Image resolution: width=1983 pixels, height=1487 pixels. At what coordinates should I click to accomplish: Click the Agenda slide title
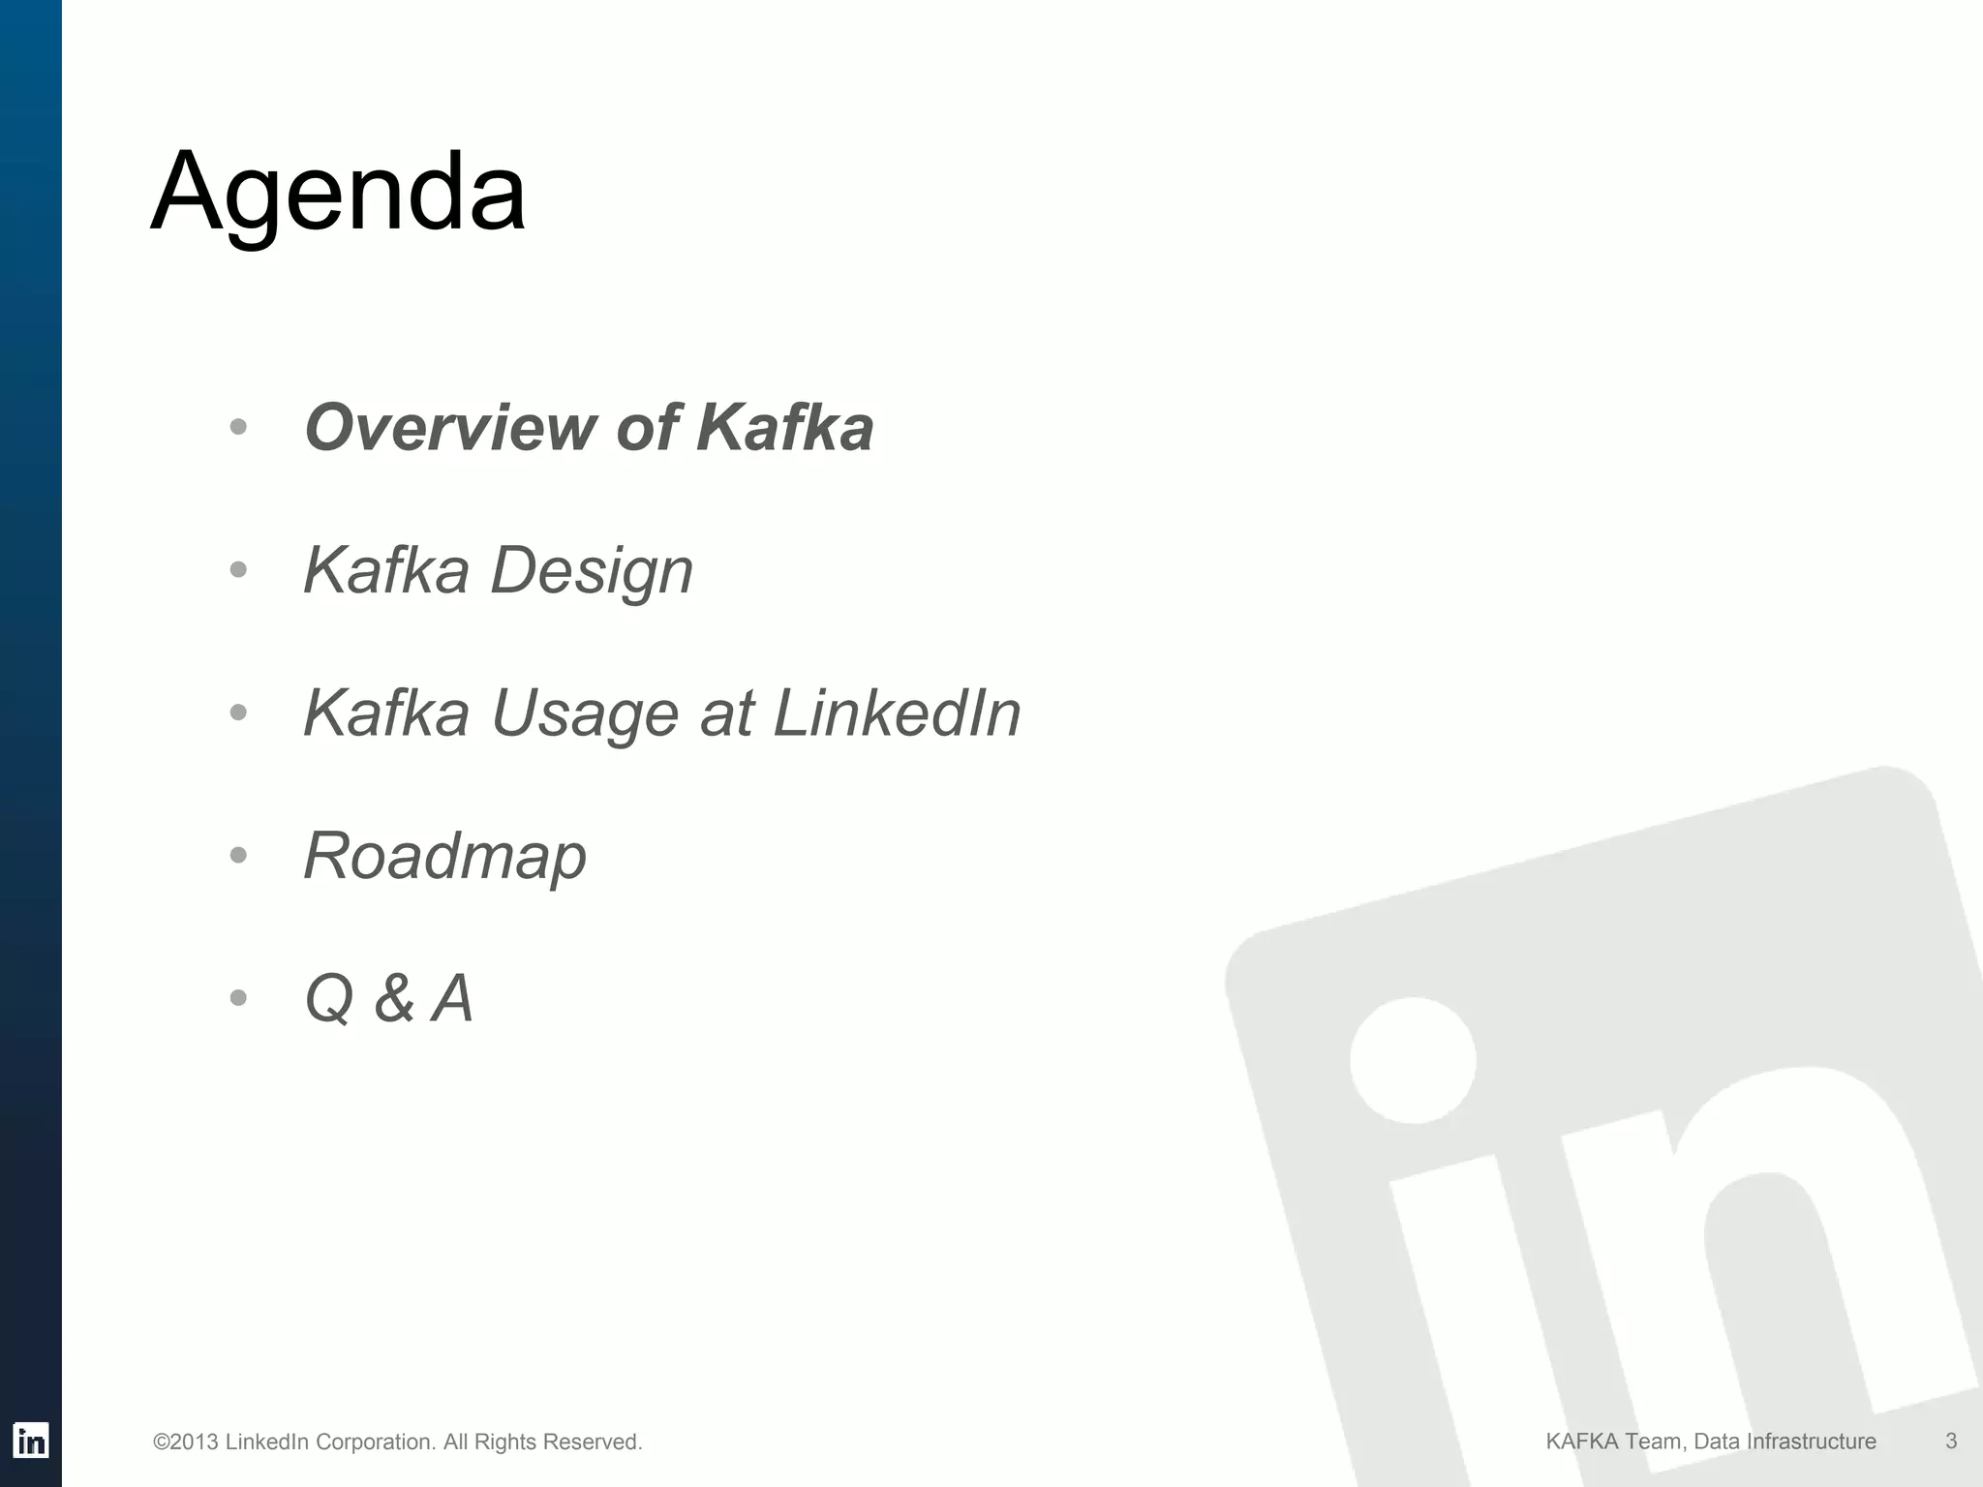coord(338,192)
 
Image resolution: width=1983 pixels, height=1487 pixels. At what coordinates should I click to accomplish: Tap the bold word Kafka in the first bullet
coord(784,427)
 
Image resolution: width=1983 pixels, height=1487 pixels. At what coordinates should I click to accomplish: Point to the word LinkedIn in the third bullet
coord(897,713)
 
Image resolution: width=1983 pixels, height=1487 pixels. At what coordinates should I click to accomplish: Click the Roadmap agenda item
coord(444,856)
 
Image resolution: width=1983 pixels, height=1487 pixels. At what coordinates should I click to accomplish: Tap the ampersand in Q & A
coord(394,999)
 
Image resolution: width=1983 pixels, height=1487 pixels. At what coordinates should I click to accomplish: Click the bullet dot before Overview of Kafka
coord(239,427)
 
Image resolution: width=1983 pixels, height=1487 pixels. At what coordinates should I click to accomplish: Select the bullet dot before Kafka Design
coord(239,570)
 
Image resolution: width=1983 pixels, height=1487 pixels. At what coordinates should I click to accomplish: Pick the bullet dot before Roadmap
coord(239,856)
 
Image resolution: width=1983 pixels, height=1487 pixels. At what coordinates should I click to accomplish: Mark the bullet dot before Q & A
coord(239,998)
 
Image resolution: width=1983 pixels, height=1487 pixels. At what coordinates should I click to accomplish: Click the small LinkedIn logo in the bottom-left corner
coord(31,1441)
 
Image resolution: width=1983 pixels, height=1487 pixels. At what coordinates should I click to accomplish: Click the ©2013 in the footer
coord(186,1442)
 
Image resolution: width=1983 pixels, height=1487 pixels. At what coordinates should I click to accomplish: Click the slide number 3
coord(1951,1441)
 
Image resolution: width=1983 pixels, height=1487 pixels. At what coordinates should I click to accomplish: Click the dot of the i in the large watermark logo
coord(1413,1060)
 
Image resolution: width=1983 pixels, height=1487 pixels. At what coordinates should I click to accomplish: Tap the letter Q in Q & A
coord(329,999)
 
